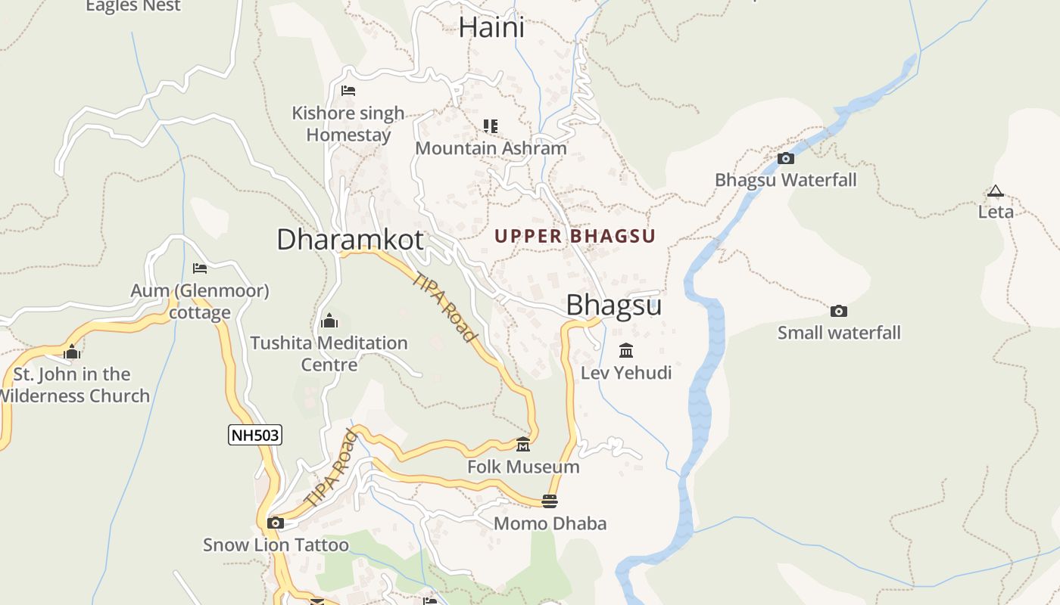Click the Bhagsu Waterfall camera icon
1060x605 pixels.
(x=786, y=158)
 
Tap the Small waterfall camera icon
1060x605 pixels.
(x=838, y=311)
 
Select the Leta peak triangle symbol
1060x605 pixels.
(x=995, y=191)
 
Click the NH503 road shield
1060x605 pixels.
(x=255, y=435)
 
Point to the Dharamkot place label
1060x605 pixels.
(x=350, y=240)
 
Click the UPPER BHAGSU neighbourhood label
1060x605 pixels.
(x=575, y=236)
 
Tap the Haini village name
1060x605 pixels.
(x=491, y=28)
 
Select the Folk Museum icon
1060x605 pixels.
(x=522, y=444)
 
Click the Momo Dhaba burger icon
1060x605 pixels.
(x=550, y=501)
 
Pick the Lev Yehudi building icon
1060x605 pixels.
(x=626, y=350)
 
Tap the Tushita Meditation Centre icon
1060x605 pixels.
(x=329, y=321)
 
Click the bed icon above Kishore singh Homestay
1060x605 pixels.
(x=348, y=91)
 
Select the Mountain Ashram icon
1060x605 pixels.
(x=491, y=126)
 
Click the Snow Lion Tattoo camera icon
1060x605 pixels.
(x=276, y=523)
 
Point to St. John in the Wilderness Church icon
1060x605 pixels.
(x=73, y=352)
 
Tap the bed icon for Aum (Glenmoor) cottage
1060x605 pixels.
(x=200, y=268)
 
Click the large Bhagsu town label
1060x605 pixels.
(x=614, y=305)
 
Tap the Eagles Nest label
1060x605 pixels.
(x=133, y=6)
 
